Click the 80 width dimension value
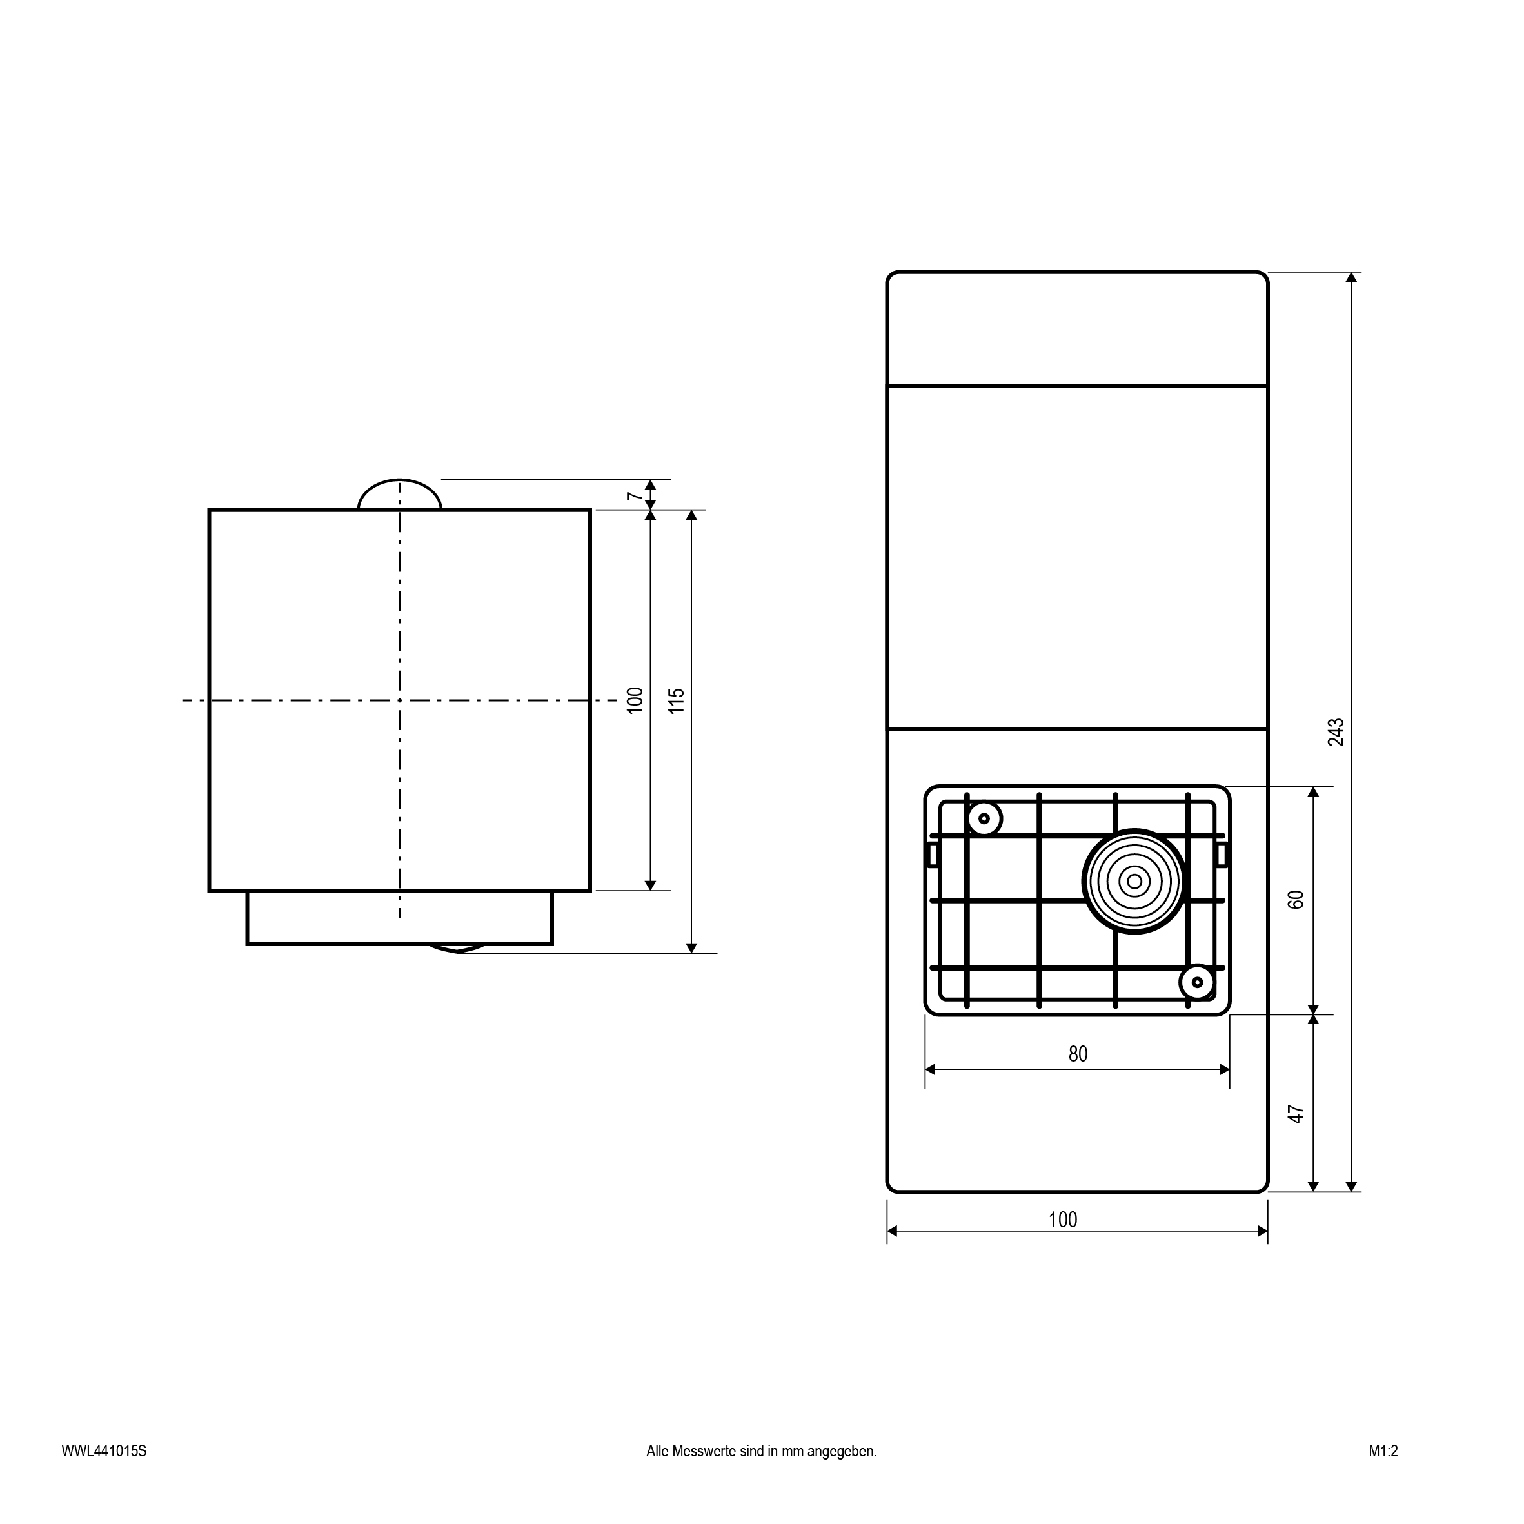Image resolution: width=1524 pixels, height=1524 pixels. pyautogui.click(x=1078, y=1054)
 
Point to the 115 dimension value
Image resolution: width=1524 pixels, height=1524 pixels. pyautogui.click(x=676, y=701)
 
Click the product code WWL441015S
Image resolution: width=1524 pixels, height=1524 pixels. pyautogui.click(x=104, y=1472)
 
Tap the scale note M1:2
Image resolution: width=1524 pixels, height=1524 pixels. pyautogui.click(x=1383, y=1472)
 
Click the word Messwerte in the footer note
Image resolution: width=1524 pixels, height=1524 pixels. pyautogui.click(x=704, y=1472)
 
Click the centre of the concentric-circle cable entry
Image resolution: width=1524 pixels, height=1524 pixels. pyautogui.click(x=1134, y=881)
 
